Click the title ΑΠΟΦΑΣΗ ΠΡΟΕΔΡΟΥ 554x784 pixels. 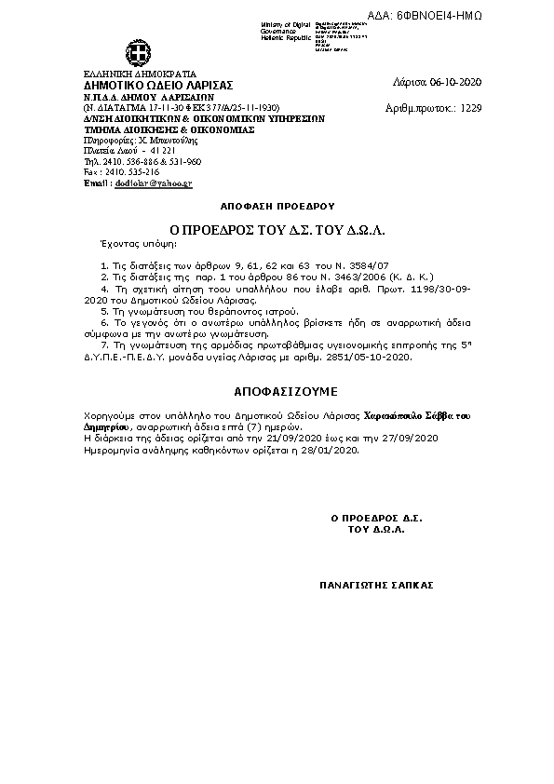pos(277,204)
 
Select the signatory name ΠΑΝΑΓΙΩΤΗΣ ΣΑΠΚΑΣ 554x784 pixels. pos(376,586)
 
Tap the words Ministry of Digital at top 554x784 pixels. pos(285,24)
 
